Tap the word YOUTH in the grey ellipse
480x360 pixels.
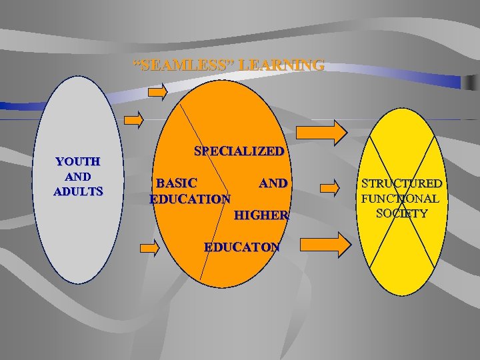tap(78, 161)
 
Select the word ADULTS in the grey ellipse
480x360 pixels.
tap(78, 191)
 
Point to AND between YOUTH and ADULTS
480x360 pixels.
tap(78, 177)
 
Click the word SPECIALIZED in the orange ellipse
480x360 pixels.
tap(239, 151)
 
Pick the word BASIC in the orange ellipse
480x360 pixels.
tap(176, 183)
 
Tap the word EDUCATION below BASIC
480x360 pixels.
tap(191, 199)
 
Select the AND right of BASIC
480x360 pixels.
tap(273, 183)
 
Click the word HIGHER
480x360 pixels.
tap(261, 215)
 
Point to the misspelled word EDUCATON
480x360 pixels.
tap(242, 247)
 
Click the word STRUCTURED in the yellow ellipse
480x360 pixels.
tap(402, 183)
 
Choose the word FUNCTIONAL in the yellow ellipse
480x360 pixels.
tap(400, 199)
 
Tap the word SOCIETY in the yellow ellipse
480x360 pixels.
tap(401, 213)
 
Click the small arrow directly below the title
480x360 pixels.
tap(158, 92)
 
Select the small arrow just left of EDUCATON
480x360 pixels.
tap(150, 248)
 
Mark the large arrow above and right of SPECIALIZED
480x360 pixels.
tap(321, 131)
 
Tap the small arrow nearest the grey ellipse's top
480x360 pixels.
tap(134, 120)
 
